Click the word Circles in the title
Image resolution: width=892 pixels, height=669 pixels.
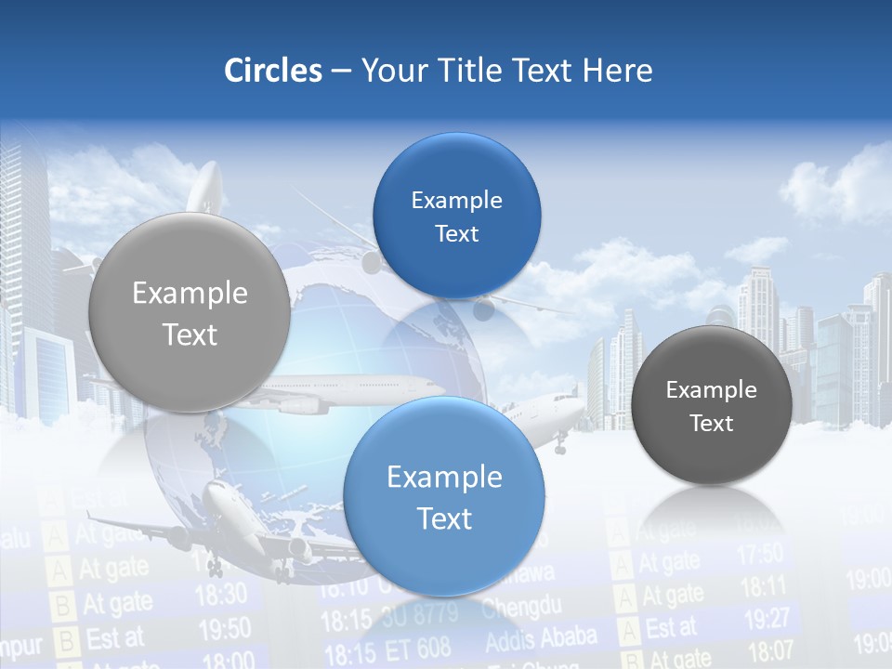(x=272, y=71)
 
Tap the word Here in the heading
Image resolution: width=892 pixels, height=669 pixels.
(x=617, y=71)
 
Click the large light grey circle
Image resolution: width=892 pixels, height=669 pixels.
(x=190, y=313)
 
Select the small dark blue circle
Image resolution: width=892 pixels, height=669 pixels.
(x=456, y=216)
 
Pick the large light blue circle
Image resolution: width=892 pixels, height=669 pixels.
(x=444, y=496)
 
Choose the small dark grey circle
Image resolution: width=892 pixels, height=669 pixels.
(x=711, y=405)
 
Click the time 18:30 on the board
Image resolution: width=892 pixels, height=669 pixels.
(x=221, y=594)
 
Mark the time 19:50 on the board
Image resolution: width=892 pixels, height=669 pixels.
(x=224, y=630)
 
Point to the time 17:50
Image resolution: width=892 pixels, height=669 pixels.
(x=760, y=555)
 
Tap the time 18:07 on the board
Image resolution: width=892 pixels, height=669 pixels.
(x=770, y=649)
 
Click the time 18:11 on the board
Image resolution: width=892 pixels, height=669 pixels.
(x=764, y=586)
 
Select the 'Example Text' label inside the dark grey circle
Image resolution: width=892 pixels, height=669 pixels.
(x=711, y=406)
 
